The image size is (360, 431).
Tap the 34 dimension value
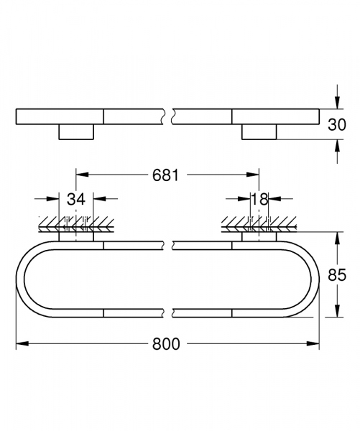tap(77, 199)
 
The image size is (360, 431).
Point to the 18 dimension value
tap(259, 199)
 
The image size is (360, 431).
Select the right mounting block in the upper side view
tap(259, 131)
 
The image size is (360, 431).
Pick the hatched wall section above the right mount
tap(259, 223)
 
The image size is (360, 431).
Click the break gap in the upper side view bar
tap(170, 116)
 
